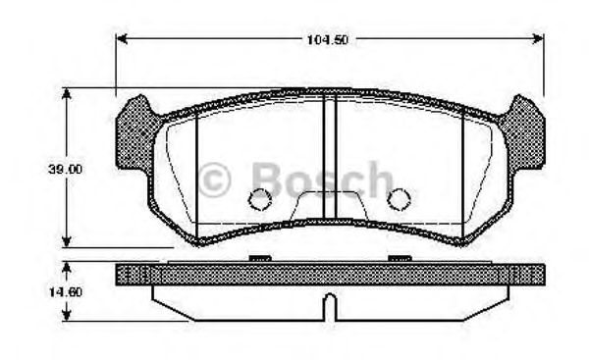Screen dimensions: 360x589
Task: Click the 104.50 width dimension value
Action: coord(329,38)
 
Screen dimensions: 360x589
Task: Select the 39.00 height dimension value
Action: coord(66,169)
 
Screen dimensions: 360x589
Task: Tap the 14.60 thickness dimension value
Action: coord(66,291)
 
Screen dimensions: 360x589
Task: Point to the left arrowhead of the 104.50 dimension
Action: coord(123,38)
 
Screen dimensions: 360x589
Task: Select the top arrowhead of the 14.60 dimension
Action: coord(66,268)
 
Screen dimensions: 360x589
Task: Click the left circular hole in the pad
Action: coord(259,199)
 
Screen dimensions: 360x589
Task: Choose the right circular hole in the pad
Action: coord(399,199)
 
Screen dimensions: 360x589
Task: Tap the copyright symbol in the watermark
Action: coord(214,180)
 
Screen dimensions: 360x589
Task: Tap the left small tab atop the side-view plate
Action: coord(259,259)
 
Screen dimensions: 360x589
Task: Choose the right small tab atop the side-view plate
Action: coord(399,259)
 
